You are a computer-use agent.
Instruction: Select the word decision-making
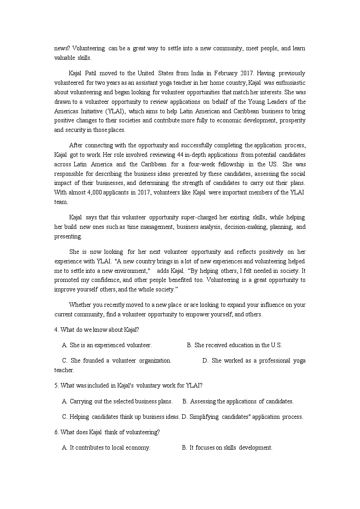click(244, 227)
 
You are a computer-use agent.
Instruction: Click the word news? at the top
click(62, 48)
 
